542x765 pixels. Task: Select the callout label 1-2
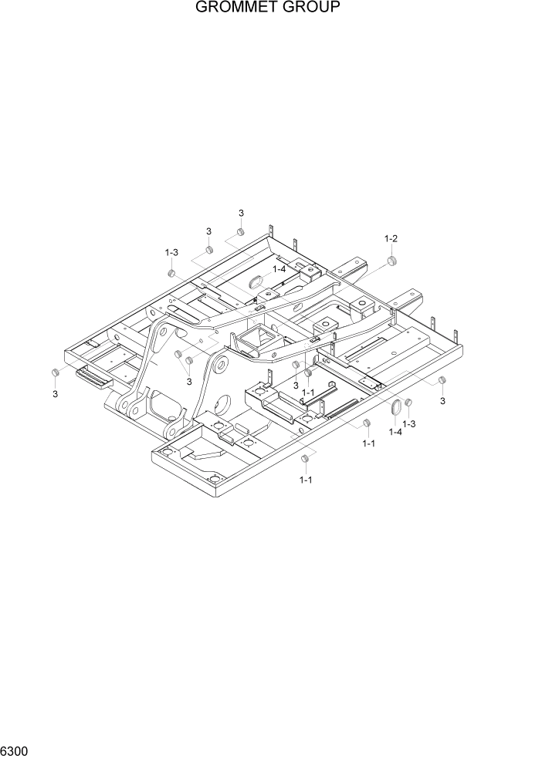(x=391, y=239)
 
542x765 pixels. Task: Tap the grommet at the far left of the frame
(x=55, y=373)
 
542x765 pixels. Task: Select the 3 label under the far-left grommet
(x=55, y=394)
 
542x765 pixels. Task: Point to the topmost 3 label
(x=241, y=214)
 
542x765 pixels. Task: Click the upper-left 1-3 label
(x=171, y=252)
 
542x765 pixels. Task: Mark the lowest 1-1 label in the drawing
(x=306, y=480)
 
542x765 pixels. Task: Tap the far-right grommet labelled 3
(x=442, y=381)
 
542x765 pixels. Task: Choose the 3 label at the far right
(x=442, y=401)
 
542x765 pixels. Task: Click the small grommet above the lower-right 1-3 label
(x=408, y=403)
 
